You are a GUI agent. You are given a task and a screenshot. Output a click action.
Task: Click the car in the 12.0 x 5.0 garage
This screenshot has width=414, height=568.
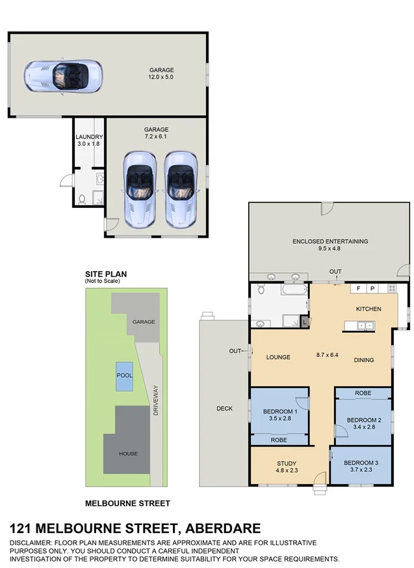pos(63,77)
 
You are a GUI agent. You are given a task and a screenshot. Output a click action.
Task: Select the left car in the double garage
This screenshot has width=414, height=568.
pos(140,188)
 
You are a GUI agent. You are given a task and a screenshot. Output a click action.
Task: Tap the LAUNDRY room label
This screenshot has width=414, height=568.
pos(89,136)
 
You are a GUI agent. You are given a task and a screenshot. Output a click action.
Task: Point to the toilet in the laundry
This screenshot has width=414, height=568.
pos(81,198)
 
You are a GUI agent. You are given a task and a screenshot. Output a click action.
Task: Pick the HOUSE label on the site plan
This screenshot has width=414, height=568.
pos(127,454)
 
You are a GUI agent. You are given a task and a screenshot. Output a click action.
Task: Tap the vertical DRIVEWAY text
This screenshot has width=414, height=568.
pos(156,403)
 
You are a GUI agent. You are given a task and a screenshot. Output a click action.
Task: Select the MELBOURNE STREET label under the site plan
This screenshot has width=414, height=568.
pos(128,503)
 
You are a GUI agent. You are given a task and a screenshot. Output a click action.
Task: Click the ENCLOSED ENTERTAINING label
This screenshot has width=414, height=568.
pos(330,241)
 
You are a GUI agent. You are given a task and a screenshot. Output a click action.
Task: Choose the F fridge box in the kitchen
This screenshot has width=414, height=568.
pos(357,288)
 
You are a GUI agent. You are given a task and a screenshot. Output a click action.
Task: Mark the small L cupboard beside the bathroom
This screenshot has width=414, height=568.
pos(304,321)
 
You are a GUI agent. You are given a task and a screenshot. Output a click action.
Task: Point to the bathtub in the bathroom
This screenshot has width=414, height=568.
pos(296,289)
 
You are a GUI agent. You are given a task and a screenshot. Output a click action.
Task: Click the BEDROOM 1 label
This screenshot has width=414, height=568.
pos(280,411)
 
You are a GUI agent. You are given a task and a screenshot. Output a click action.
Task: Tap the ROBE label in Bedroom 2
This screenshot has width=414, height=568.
pos(362,394)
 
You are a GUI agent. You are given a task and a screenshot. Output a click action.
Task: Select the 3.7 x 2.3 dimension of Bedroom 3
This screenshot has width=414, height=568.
pos(361,470)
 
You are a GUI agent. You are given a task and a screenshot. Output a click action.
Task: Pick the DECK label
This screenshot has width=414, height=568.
pos(224,409)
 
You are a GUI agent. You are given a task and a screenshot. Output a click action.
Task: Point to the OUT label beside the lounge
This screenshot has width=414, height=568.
pos(235,352)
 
